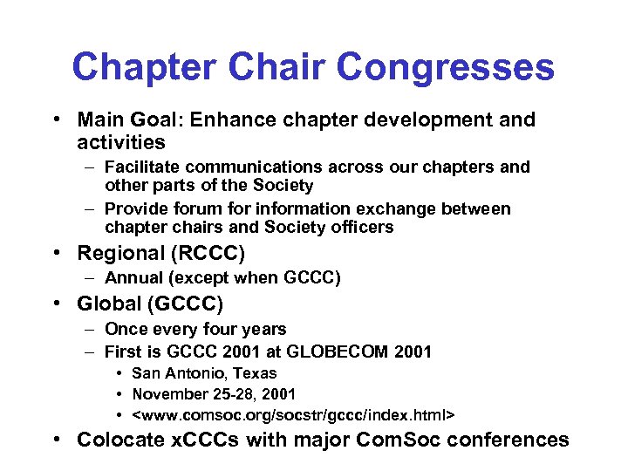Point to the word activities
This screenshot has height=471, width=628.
[x=121, y=141]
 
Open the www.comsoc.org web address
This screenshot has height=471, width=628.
[x=293, y=413]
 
